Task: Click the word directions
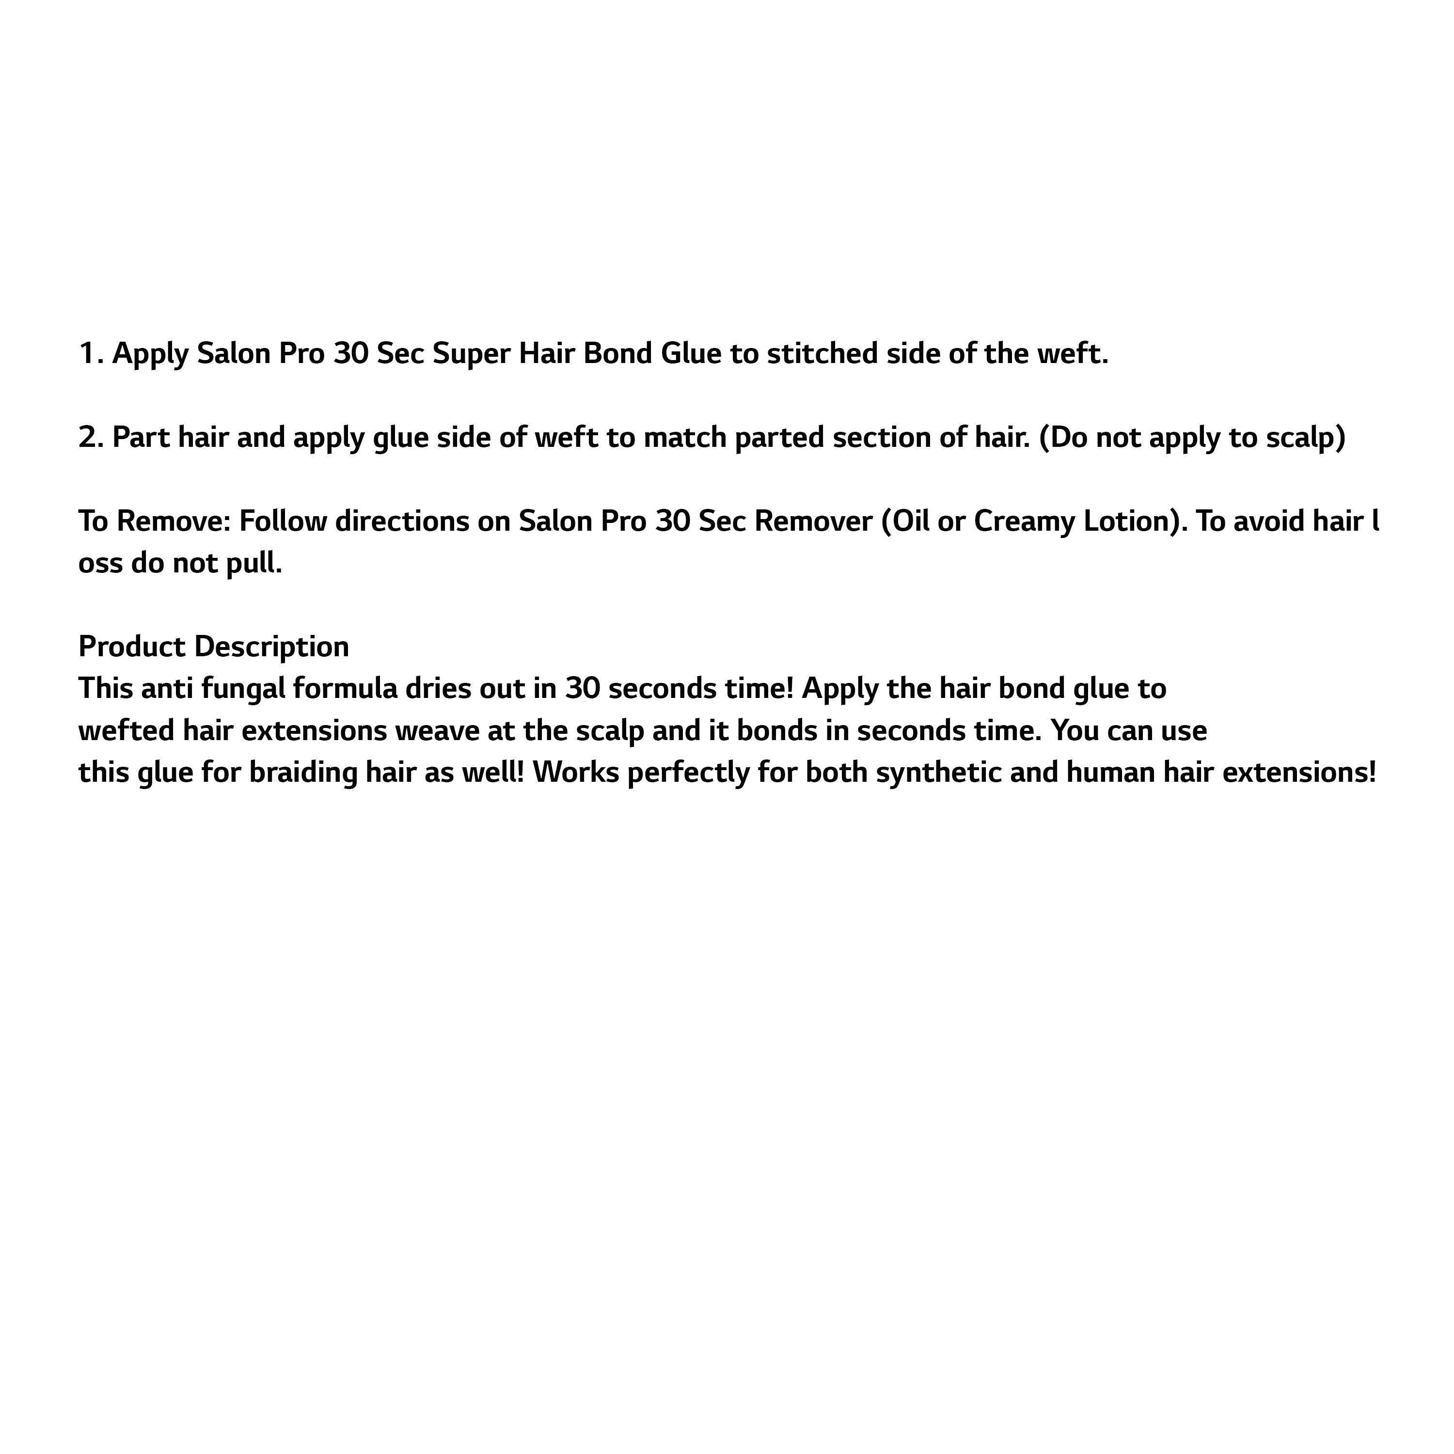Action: pos(402,522)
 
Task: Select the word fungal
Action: pos(243,689)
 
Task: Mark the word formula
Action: pos(345,689)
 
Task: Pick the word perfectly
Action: pos(688,774)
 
